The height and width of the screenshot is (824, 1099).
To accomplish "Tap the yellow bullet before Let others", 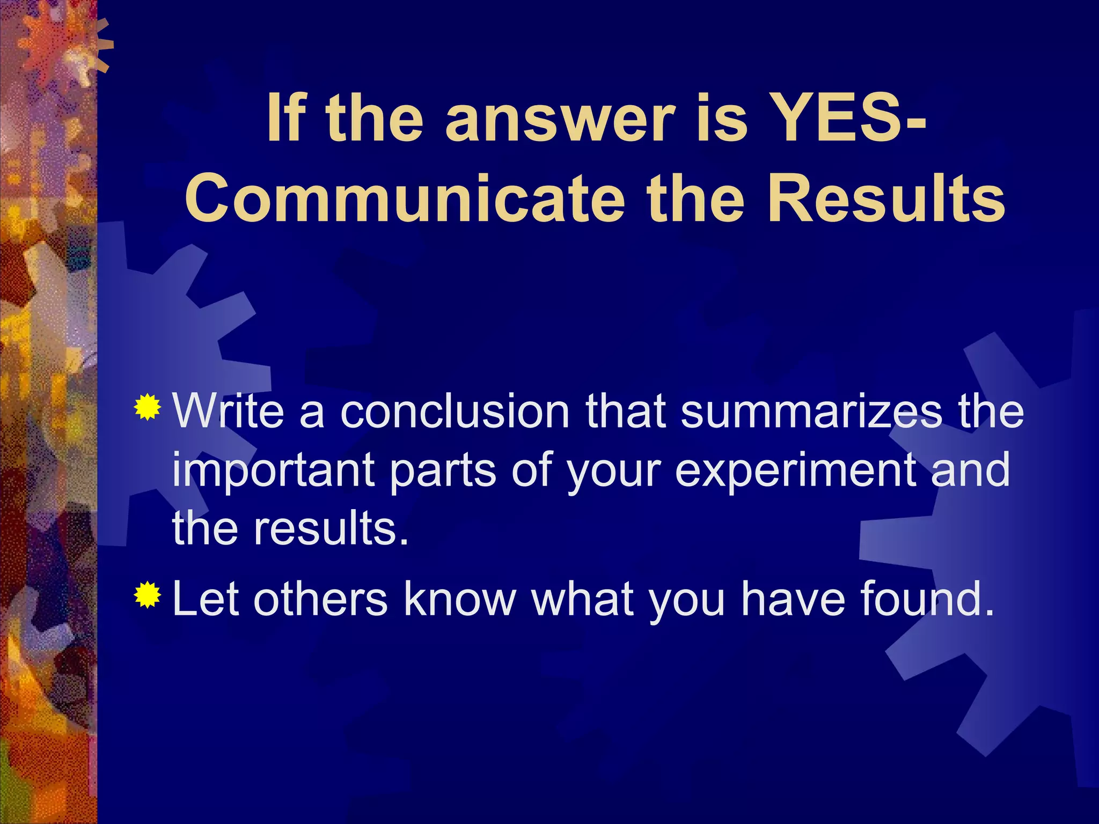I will pos(148,595).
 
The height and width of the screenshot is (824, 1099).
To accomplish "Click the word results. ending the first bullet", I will pos(331,529).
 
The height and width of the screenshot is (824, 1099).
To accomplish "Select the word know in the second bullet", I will pos(459,599).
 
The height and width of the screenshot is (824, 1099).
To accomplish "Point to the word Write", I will pos(228,411).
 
